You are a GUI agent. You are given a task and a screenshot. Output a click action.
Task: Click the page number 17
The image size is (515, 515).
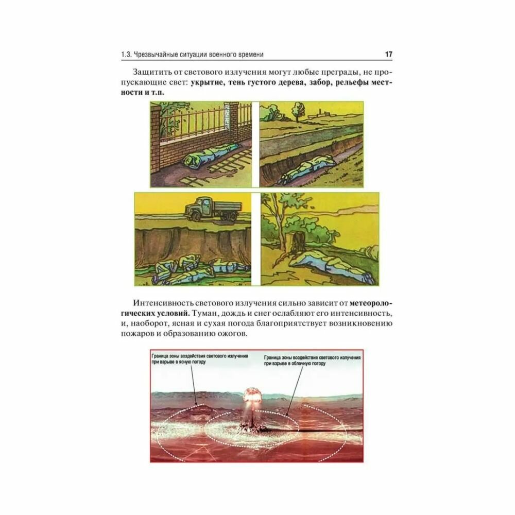coord(388,54)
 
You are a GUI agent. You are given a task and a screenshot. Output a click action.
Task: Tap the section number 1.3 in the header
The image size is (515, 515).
coord(127,55)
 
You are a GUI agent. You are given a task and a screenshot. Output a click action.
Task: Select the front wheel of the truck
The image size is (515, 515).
coord(196,216)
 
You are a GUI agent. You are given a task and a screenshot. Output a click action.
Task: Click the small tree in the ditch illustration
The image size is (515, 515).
coord(298,111)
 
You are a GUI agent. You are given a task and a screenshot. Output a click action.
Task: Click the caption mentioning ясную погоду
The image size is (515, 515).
coord(200,359)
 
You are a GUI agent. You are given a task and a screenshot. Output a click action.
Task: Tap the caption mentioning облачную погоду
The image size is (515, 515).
coord(312,360)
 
